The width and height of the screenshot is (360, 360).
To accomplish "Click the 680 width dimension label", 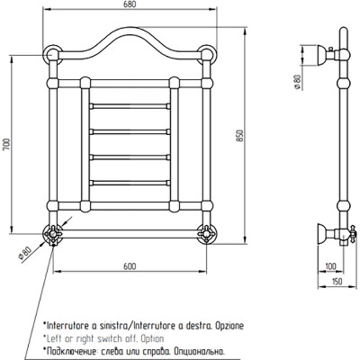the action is (130, 4).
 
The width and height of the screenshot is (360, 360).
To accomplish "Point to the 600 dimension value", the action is (130, 266).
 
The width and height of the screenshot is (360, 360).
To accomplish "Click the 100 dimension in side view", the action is (330, 266).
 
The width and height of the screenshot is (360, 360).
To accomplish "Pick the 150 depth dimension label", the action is (337, 282).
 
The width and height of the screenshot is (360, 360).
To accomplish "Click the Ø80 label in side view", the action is (297, 82).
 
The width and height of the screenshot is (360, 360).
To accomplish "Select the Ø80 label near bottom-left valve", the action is (24, 255).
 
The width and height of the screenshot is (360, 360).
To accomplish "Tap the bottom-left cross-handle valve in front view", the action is (52, 234).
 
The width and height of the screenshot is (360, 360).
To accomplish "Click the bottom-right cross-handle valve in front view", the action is (206, 234).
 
